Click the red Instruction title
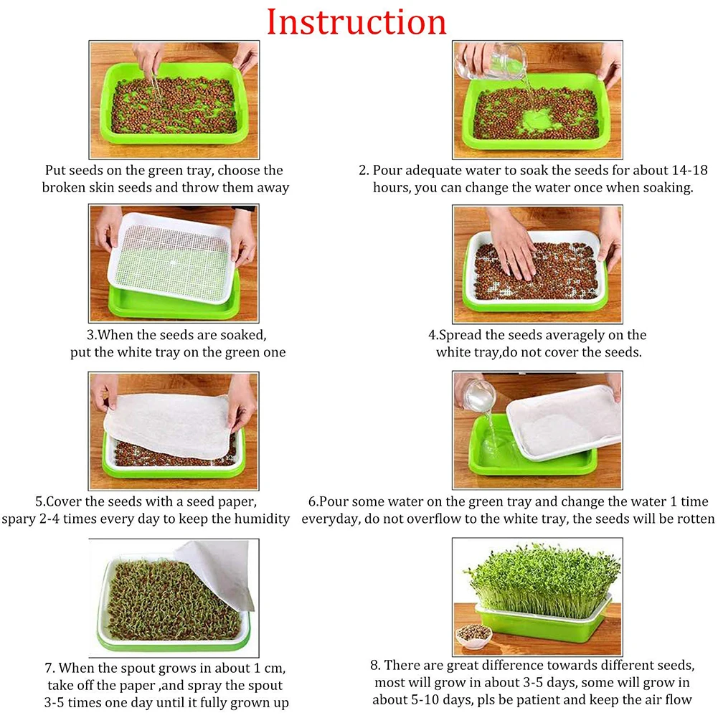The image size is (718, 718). tap(356, 22)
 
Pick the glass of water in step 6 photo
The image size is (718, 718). tap(480, 395)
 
